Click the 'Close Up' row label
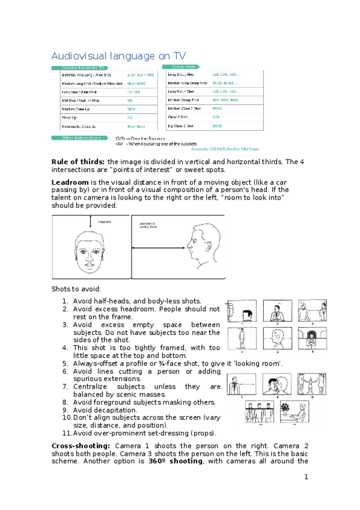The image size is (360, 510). (69, 118)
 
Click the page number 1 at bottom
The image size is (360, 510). (306, 477)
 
